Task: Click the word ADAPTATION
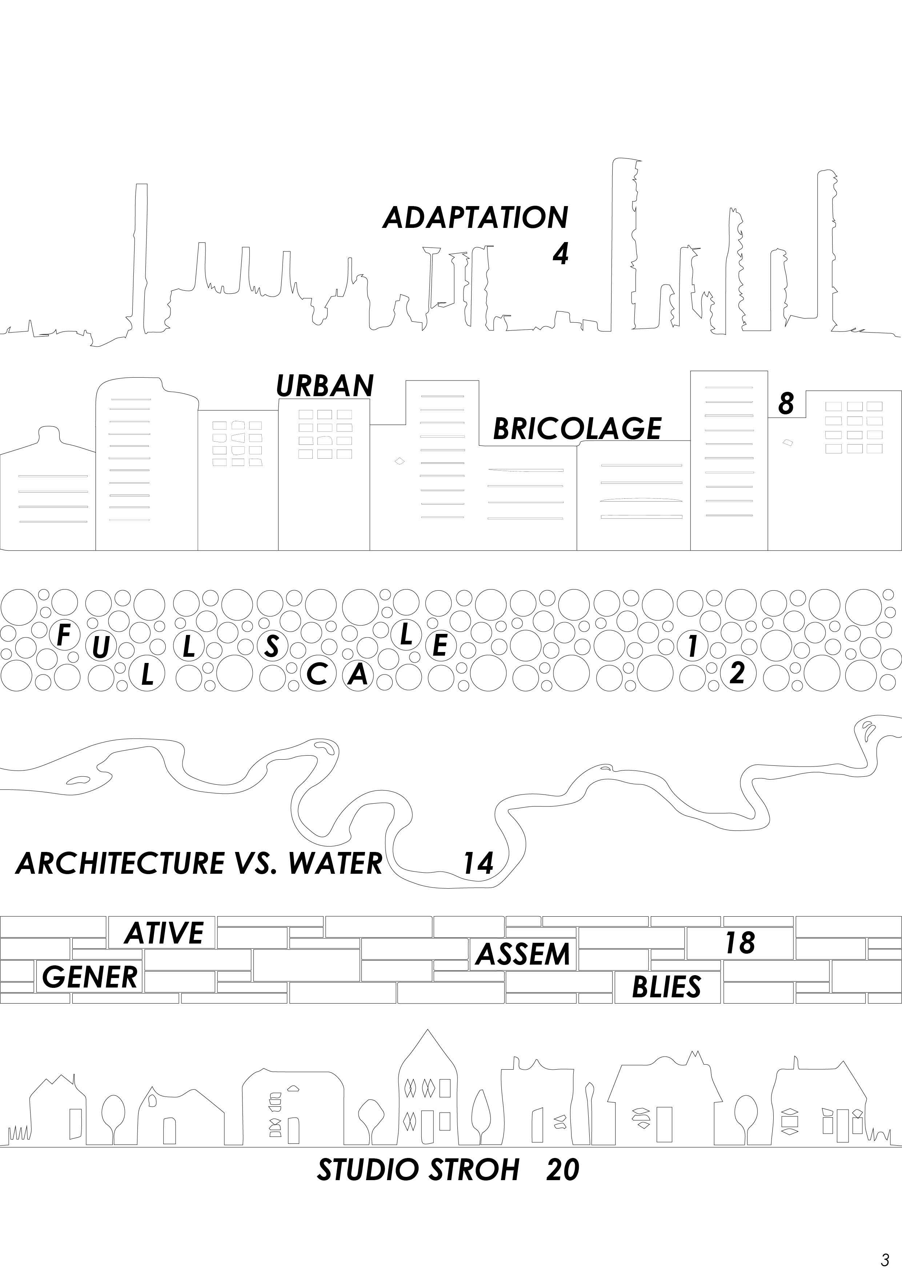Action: point(476,217)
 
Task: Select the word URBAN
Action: point(325,385)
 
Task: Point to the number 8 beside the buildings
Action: point(785,403)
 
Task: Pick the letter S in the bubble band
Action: point(271,646)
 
